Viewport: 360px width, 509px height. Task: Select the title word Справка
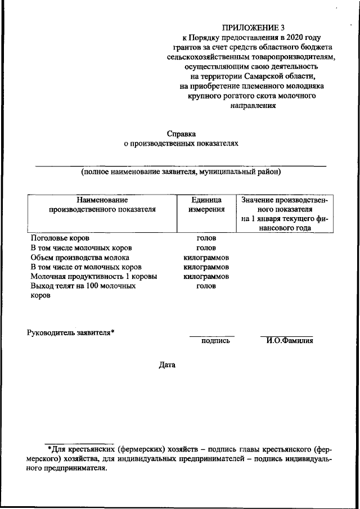181,133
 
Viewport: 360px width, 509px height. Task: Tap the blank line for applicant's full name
181,165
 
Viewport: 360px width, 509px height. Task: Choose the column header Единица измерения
206,204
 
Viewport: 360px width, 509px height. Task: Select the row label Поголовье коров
60,238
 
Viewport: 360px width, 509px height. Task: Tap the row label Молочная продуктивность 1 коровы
94,277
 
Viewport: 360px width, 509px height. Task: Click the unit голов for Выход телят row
206,286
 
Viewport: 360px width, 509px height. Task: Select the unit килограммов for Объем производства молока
206,257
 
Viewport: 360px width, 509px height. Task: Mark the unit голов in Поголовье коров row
206,238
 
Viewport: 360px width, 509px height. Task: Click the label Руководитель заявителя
71,332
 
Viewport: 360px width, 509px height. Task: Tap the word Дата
167,365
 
